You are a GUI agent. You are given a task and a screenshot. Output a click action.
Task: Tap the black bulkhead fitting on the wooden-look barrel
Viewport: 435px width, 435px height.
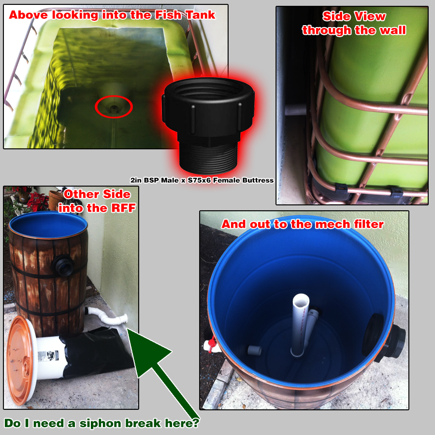(63, 265)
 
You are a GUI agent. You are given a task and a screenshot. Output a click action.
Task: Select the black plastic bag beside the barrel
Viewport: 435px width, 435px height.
(94, 352)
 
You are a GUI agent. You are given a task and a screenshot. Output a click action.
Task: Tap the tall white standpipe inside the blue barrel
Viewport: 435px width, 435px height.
(300, 325)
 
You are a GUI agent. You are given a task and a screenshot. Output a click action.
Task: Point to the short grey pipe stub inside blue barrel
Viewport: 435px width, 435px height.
(254, 351)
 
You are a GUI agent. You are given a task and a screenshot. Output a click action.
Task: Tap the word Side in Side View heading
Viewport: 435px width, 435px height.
(335, 16)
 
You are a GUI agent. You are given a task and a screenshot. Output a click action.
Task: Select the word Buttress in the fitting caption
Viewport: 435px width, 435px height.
(258, 180)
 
